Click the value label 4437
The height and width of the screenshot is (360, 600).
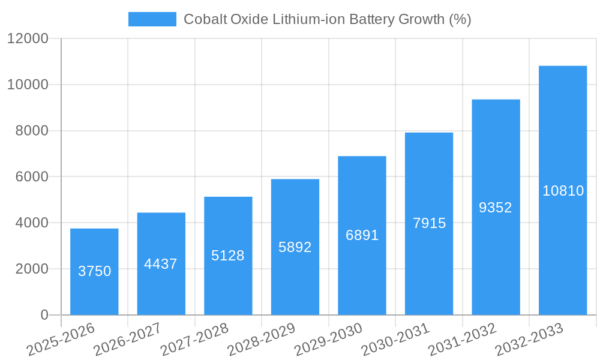coord(161,264)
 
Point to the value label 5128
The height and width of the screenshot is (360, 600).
coord(228,256)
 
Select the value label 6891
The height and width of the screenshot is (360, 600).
coord(362,235)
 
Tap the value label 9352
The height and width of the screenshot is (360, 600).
coord(496,208)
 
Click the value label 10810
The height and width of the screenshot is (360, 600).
coord(563,191)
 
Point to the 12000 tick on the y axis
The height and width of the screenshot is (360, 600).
coord(28,39)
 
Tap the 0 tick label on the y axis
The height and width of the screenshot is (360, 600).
coord(44,315)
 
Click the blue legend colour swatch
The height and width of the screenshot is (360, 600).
coord(152,19)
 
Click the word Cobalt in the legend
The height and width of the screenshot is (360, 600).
coord(203,19)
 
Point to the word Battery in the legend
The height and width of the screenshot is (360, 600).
coord(367,19)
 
